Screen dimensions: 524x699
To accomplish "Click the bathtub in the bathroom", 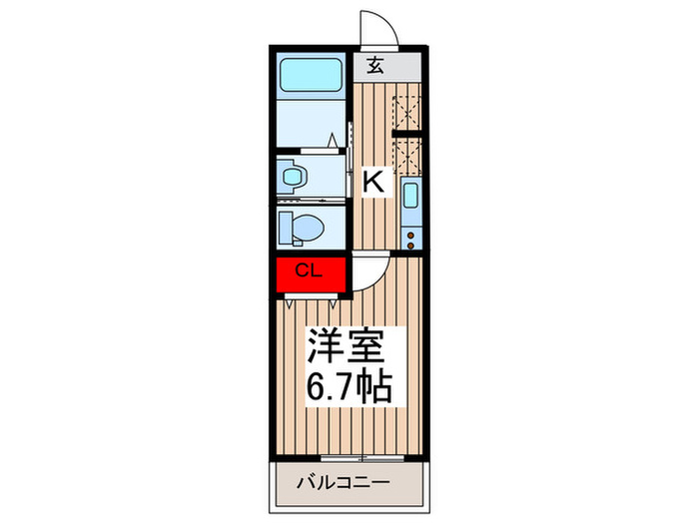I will pos(312,74).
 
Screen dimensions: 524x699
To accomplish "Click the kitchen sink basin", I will pos(409,198).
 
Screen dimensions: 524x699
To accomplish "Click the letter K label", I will pos(373,182).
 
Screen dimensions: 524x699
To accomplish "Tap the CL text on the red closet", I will pos(307,270).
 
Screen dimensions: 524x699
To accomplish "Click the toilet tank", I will pos(284,228).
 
